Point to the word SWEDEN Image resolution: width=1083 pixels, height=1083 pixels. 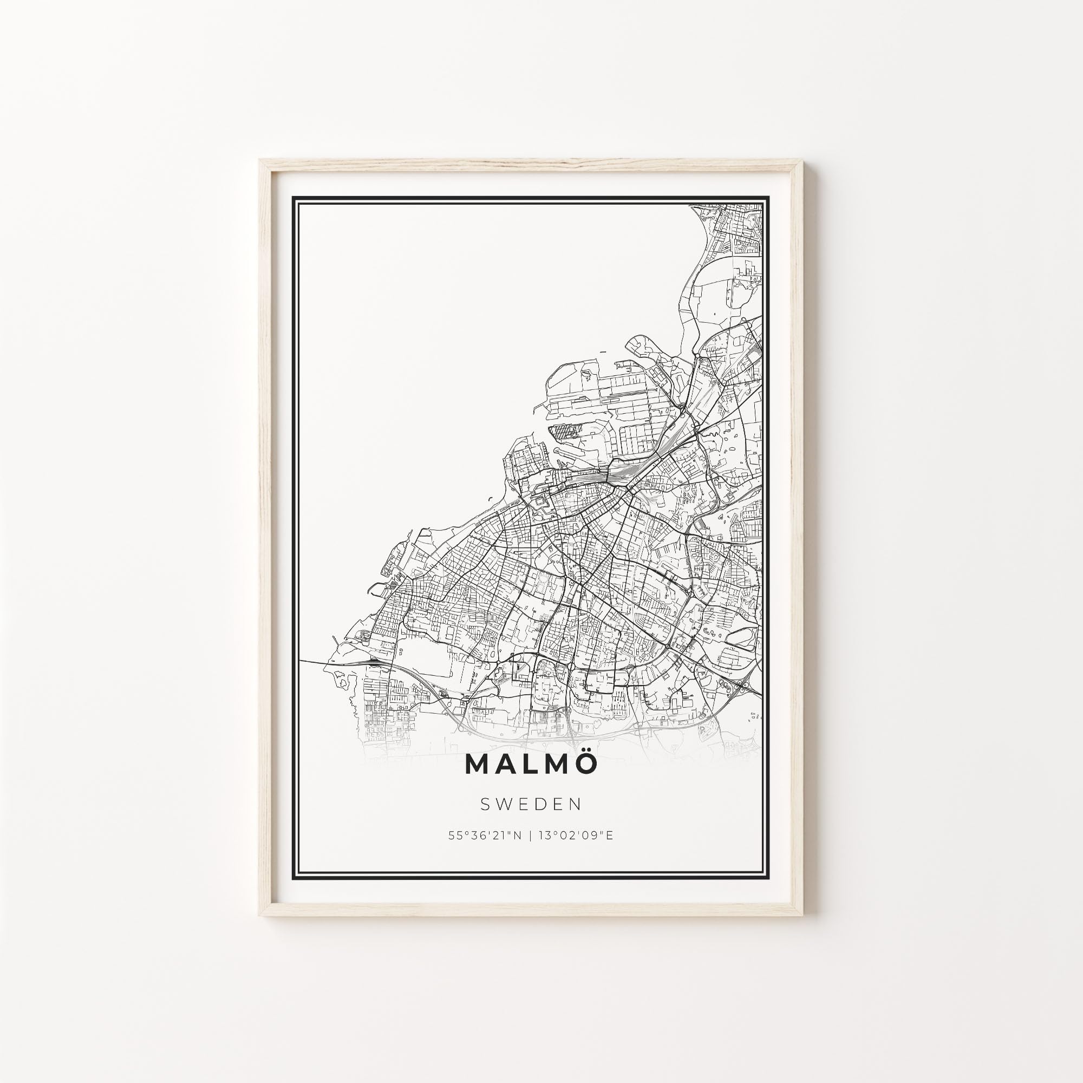[531, 805]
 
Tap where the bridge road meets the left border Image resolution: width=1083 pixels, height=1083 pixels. [300, 660]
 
